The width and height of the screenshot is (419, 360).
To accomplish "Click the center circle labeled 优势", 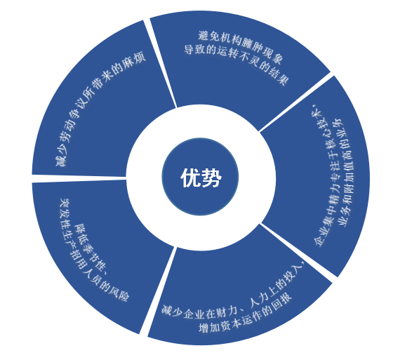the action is pos(200,177).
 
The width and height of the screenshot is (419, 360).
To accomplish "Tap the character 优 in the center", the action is pos(190,178).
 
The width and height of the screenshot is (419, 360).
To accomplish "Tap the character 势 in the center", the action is pos(212,178).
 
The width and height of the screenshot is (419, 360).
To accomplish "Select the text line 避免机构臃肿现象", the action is pos(241,46).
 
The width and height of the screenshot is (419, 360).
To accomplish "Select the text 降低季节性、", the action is pos(91,251).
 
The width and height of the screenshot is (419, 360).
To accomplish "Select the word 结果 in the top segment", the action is pos(279,77).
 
